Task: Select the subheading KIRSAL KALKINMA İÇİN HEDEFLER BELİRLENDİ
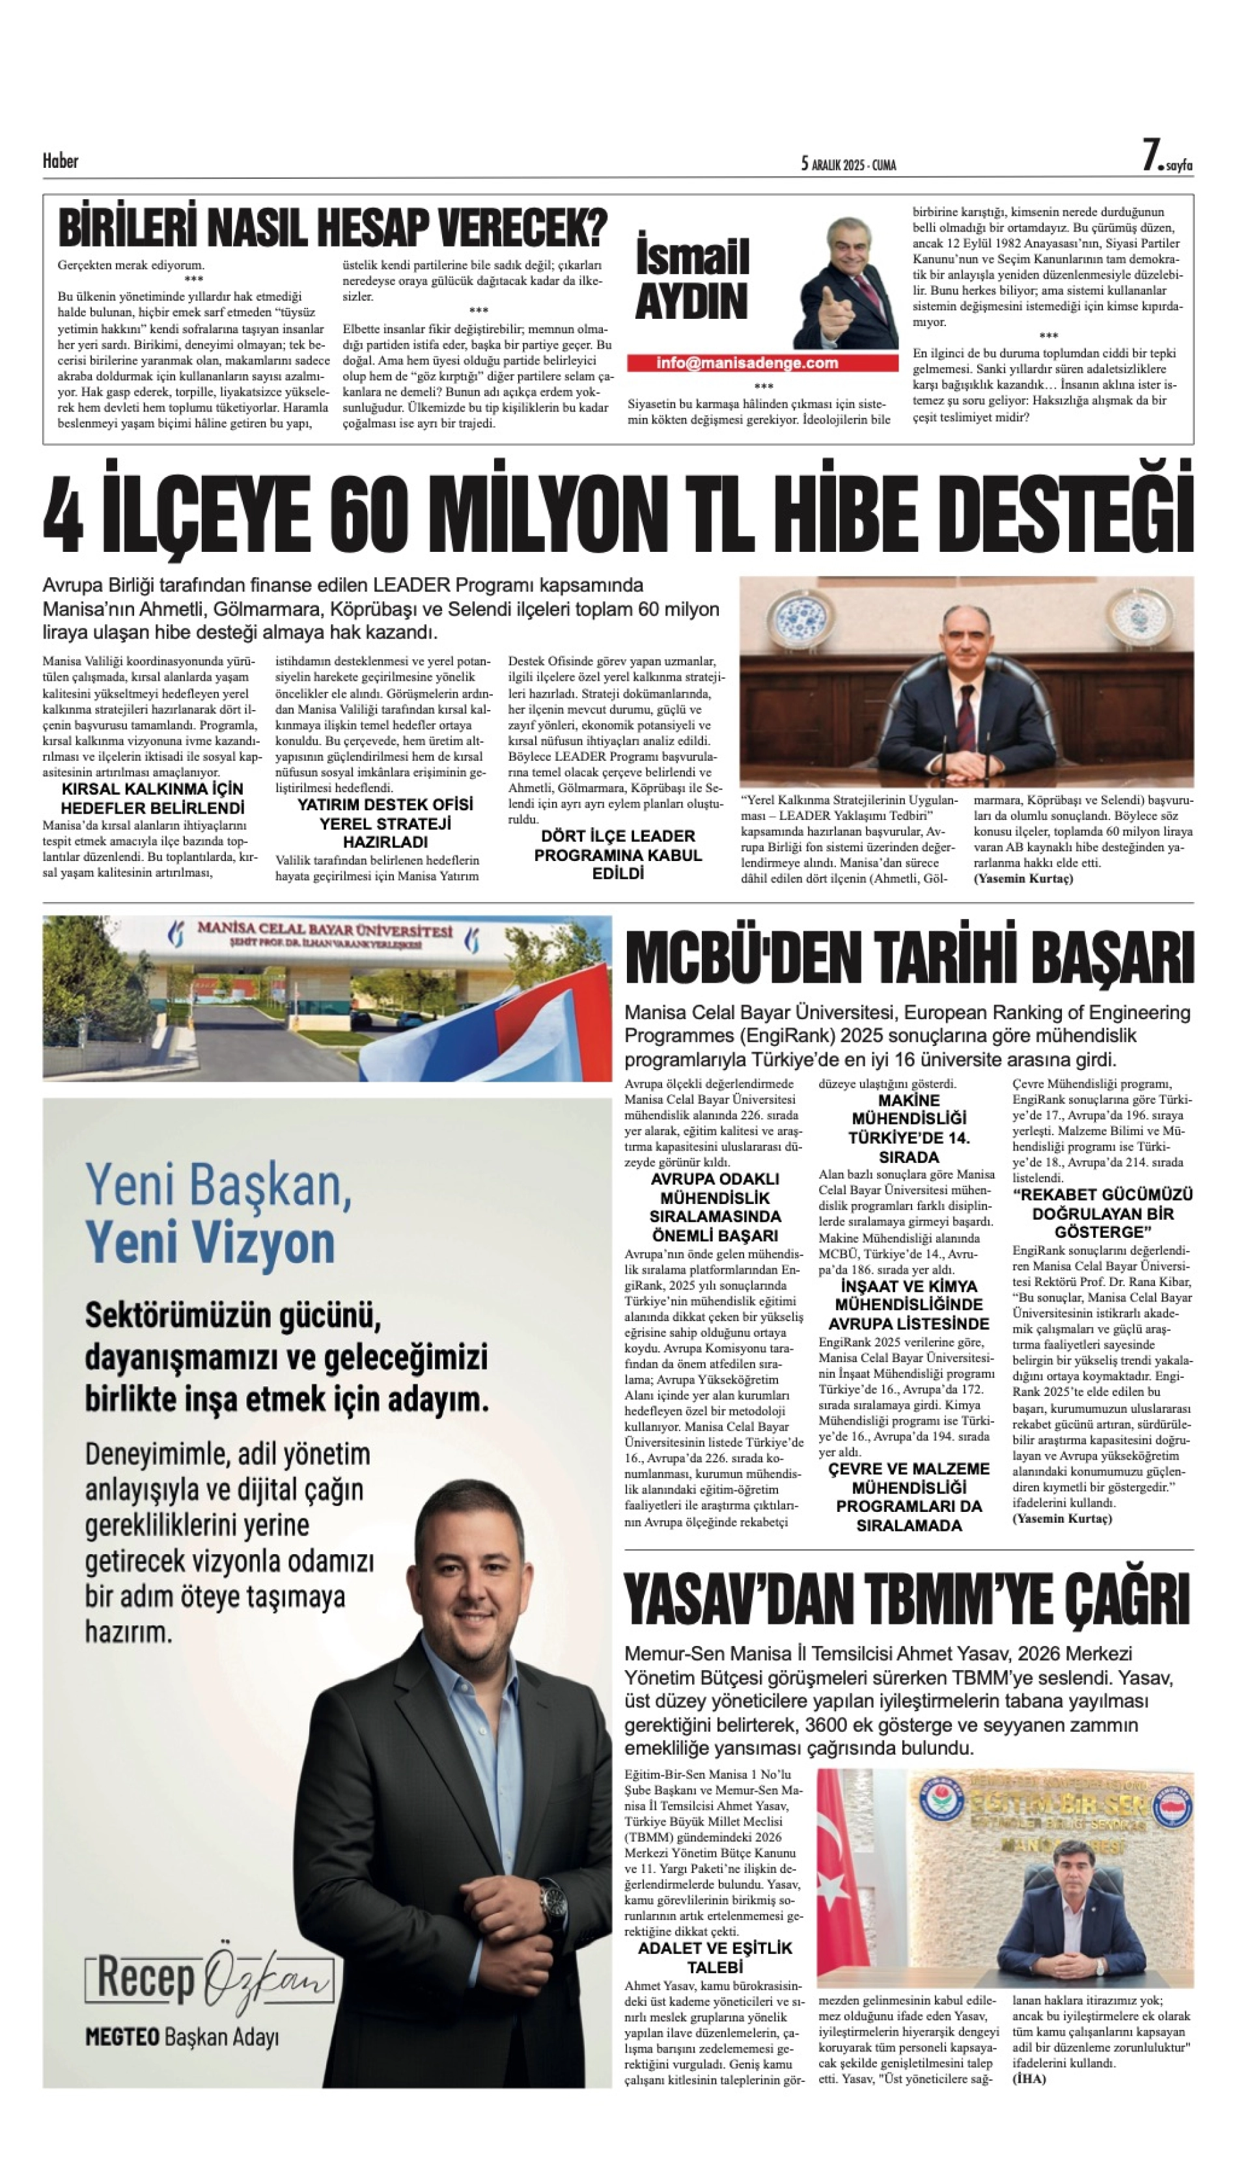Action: tap(153, 799)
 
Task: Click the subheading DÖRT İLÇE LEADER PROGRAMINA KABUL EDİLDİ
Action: tap(618, 855)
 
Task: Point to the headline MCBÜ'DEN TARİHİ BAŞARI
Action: tap(908, 957)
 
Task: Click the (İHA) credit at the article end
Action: tap(1029, 2078)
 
